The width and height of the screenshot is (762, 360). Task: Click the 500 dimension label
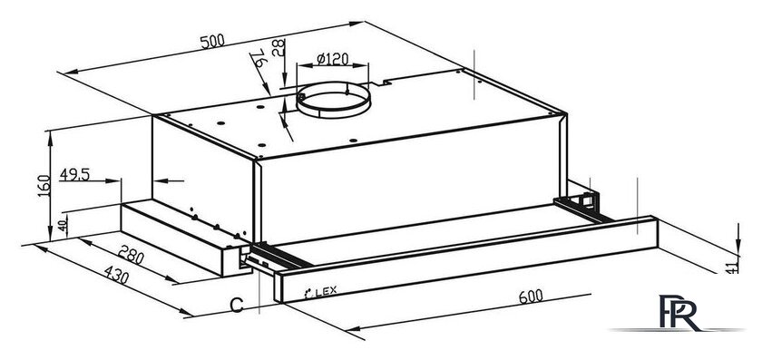(212, 41)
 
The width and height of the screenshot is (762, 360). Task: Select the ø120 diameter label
(333, 59)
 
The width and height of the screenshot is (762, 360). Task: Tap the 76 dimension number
(259, 58)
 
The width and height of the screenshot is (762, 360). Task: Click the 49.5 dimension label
(74, 174)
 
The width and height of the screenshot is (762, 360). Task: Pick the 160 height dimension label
(44, 186)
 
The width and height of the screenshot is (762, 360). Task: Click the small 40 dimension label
(63, 226)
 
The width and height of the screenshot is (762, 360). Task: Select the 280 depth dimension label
(132, 255)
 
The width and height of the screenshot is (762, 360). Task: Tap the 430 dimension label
(117, 275)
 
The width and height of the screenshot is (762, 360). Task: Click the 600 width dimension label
(530, 296)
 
